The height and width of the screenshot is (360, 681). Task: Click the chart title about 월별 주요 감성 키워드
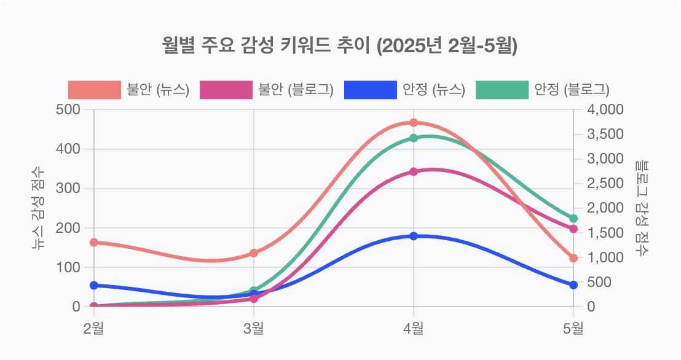(340, 46)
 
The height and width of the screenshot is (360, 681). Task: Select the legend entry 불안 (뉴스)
(128, 90)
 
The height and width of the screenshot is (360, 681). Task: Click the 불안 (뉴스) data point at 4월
(414, 123)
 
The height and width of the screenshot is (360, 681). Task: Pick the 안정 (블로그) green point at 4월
(414, 138)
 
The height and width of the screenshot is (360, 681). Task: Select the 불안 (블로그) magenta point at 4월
(414, 172)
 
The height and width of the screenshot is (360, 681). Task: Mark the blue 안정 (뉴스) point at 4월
(414, 236)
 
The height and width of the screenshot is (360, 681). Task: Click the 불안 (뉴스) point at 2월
(94, 243)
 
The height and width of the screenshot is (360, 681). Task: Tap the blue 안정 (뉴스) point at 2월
(94, 286)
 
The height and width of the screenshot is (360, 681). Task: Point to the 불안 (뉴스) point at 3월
(254, 253)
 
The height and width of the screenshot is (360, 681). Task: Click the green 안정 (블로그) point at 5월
(573, 219)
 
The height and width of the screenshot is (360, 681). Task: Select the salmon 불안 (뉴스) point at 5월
(573, 258)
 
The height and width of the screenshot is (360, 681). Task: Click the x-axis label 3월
(254, 328)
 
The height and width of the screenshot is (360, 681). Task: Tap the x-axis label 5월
(573, 328)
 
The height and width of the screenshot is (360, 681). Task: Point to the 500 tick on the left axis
(68, 110)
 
